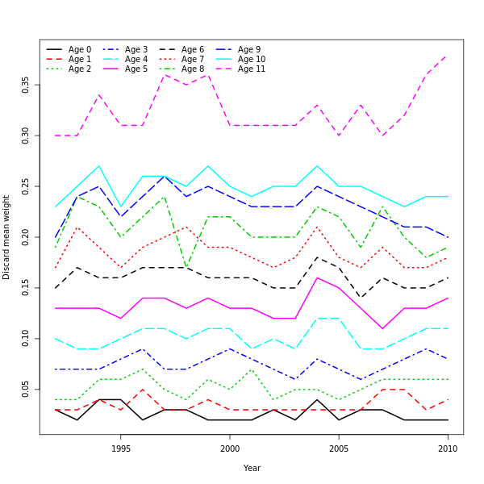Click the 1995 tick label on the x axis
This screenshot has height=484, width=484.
point(121,449)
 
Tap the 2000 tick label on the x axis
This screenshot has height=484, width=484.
point(230,449)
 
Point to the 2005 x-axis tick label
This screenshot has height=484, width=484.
point(339,449)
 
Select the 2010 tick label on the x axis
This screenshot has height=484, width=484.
point(448,449)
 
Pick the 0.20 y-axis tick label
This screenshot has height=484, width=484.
point(26,237)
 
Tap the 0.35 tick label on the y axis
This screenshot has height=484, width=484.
point(26,85)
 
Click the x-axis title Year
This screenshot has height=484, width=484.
point(252,468)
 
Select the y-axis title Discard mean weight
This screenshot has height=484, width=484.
point(7,237)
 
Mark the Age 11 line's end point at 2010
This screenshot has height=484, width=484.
point(448,55)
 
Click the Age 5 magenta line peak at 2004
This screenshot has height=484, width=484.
point(317,277)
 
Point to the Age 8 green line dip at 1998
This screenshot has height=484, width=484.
point(186,268)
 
